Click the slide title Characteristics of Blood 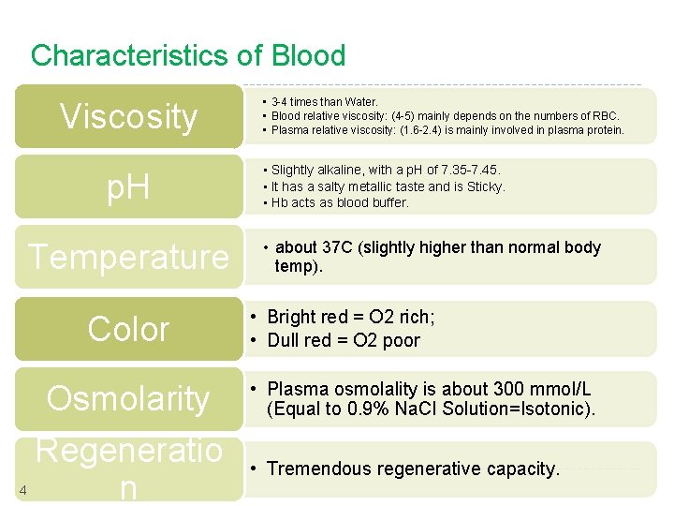pyautogui.click(x=188, y=56)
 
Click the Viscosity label pyautogui.click(x=128, y=117)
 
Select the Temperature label pyautogui.click(x=128, y=257)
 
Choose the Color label pyautogui.click(x=128, y=329)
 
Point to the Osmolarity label pyautogui.click(x=128, y=398)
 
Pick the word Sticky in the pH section pyautogui.click(x=485, y=186)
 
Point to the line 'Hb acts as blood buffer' pyautogui.click(x=340, y=202)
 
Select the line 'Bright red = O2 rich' pyautogui.click(x=351, y=317)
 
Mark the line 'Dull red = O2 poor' pyautogui.click(x=344, y=340)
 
